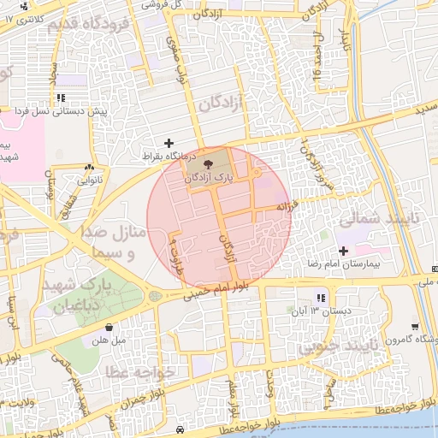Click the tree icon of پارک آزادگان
tap(209, 161)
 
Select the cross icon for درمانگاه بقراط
tap(169, 143)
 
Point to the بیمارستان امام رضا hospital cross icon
tap(344, 251)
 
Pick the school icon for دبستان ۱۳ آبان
tap(321, 298)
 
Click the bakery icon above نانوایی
tap(90, 167)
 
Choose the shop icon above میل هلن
tap(110, 327)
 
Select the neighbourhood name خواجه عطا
tap(141, 372)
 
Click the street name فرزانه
tap(285, 206)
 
